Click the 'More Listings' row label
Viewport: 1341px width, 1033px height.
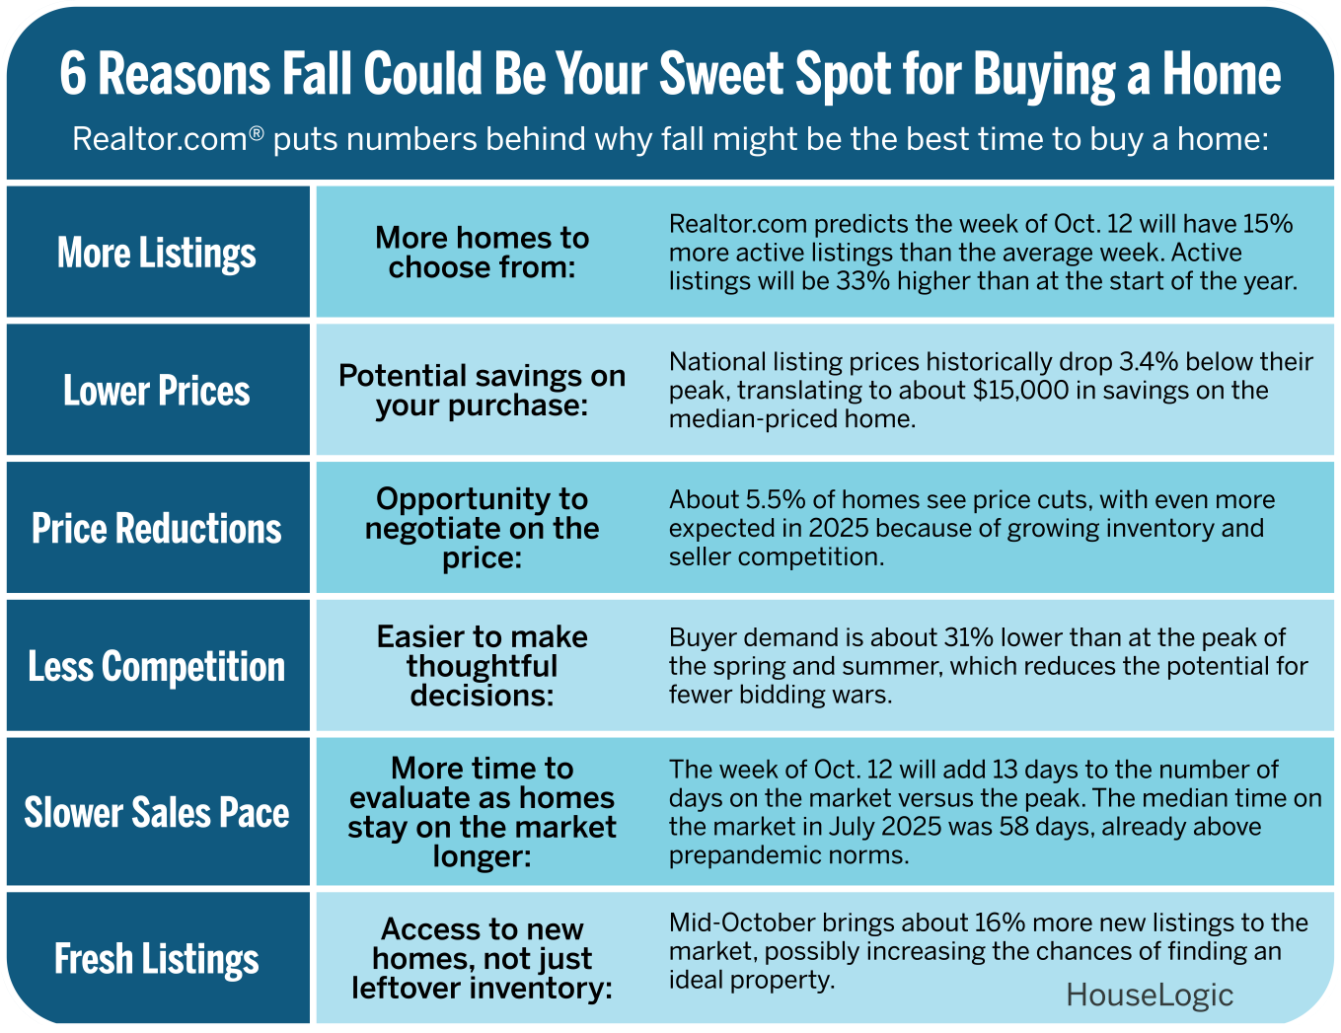click(x=157, y=253)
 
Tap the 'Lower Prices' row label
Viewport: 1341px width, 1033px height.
click(x=157, y=391)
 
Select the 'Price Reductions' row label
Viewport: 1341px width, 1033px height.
click(x=157, y=529)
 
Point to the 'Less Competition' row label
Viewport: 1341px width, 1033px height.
click(x=157, y=667)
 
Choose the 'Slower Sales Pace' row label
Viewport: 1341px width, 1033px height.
click(x=157, y=813)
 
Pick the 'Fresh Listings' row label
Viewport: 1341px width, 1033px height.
click(x=157, y=959)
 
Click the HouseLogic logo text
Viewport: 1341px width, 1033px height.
click(x=1150, y=995)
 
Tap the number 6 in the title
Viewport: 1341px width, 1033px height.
click(x=73, y=75)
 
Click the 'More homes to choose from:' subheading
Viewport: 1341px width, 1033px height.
click(x=482, y=253)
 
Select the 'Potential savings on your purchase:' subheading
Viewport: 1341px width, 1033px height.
click(x=482, y=391)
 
